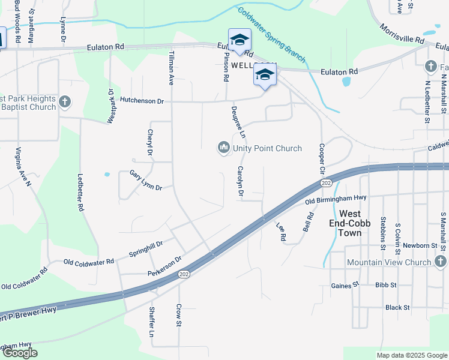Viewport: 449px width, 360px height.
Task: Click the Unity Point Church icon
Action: (x=224, y=147)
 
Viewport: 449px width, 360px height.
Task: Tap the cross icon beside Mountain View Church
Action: (x=440, y=262)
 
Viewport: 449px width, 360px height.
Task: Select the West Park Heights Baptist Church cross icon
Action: (x=65, y=103)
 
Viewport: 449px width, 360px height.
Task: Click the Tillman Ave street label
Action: (x=170, y=68)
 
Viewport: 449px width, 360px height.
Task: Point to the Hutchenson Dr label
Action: (x=142, y=101)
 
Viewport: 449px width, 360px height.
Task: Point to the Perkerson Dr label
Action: (x=164, y=267)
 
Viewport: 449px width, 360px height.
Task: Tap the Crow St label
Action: (x=178, y=314)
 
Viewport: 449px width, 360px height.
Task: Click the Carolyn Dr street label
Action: (x=241, y=181)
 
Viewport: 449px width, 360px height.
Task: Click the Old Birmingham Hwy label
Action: (x=336, y=199)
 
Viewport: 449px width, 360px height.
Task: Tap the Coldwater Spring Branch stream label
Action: (x=271, y=34)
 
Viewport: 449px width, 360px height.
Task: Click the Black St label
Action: (x=397, y=307)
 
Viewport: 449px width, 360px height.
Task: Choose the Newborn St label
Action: (x=420, y=245)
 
